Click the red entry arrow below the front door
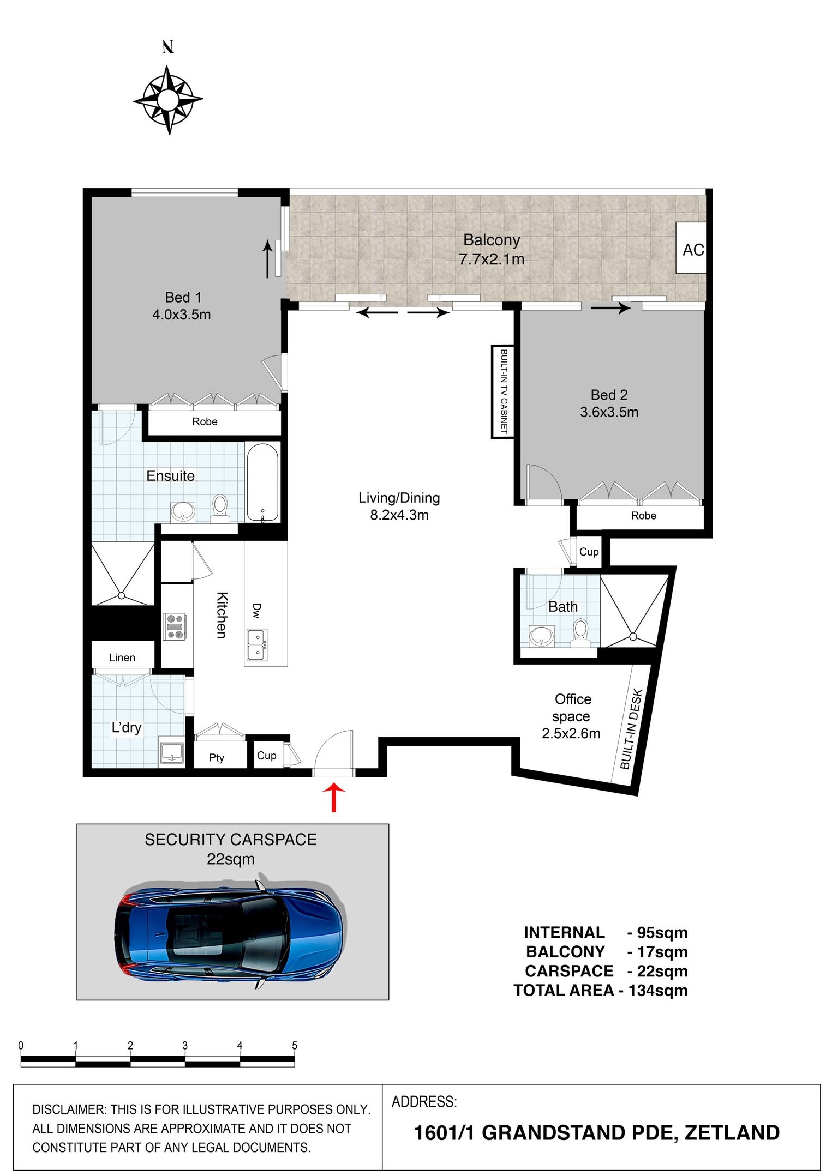[334, 798]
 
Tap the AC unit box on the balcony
[691, 248]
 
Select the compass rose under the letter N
[168, 100]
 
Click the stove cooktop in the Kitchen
[175, 626]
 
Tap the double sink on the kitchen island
[257, 644]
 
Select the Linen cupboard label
[122, 658]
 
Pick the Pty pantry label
[217, 758]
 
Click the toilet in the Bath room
[580, 632]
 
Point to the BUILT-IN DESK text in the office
[632, 729]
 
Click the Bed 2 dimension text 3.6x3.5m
[609, 412]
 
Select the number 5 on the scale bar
[295, 1045]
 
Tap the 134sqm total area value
[657, 991]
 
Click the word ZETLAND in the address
[732, 1132]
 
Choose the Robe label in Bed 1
[205, 421]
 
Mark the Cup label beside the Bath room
[589, 552]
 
